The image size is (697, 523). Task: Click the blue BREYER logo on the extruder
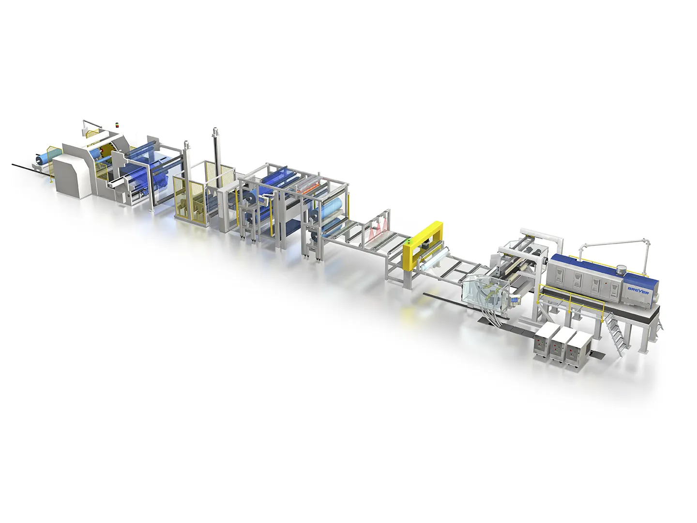click(x=638, y=290)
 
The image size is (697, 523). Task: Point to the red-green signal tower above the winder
click(x=117, y=124)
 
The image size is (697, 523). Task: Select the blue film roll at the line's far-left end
click(x=45, y=158)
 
